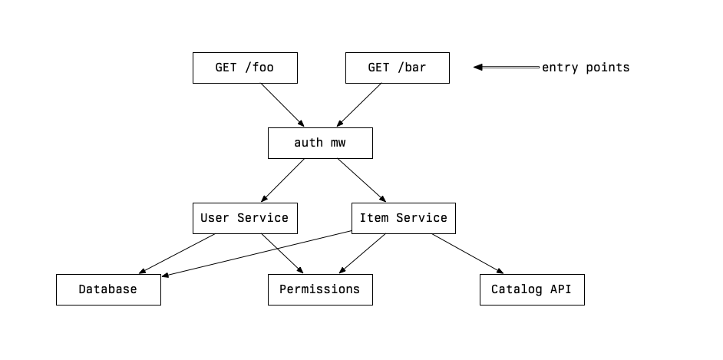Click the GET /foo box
tap(244, 68)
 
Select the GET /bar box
tap(397, 68)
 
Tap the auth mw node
tap(320, 143)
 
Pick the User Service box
tap(244, 218)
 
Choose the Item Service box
tap(403, 218)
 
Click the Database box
tap(108, 289)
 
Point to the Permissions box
tap(320, 289)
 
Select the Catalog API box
tap(532, 289)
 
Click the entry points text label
tap(586, 68)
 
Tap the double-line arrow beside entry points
tap(507, 68)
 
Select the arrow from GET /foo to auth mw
tap(282, 105)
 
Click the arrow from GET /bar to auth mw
tap(359, 105)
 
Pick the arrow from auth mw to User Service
tap(282, 180)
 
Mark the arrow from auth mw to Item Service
tap(361, 180)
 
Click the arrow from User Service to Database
tap(177, 253)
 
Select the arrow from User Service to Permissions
tap(282, 253)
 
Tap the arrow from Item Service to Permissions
tap(362, 253)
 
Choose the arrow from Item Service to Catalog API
tap(467, 253)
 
